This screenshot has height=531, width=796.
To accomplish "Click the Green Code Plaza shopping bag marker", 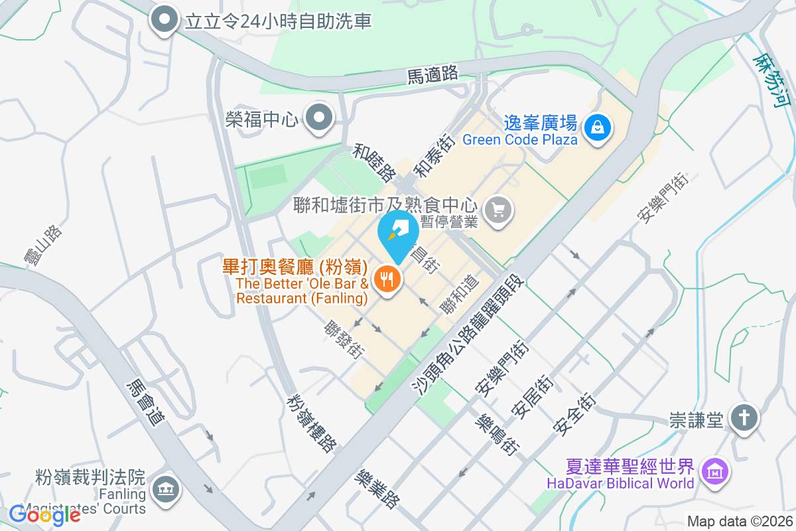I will coord(598,125).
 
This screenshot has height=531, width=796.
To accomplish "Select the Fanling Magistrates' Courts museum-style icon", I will coord(164,491).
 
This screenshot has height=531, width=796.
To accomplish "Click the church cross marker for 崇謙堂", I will coord(744,418).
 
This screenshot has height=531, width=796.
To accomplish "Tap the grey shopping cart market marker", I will coord(499,210).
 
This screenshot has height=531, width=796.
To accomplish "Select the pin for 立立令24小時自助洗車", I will coord(164,21).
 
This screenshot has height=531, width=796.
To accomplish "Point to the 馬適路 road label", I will coord(432,74).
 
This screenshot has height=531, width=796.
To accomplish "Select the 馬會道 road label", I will coord(146,402).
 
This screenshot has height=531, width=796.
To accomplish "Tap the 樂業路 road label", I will coord(377,489).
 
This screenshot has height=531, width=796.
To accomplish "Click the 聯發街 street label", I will coord(344,339).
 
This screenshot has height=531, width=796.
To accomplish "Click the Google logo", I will coord(44,514).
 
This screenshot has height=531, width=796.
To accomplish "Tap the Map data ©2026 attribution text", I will coord(739,521).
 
